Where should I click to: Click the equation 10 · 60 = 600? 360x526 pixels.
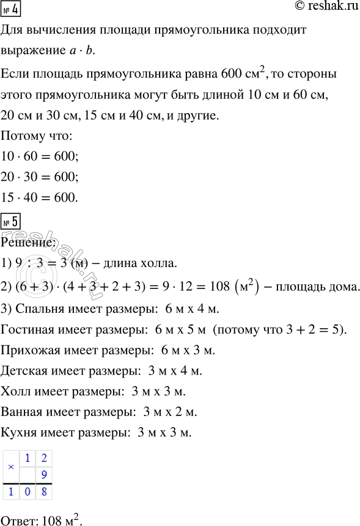(x=40, y=157)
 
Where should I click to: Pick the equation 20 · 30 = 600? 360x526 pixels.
(x=40, y=178)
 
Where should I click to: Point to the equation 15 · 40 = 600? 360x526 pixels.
(x=40, y=199)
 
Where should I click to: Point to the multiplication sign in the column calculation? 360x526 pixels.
(x=9, y=465)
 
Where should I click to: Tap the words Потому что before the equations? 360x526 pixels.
(x=37, y=136)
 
